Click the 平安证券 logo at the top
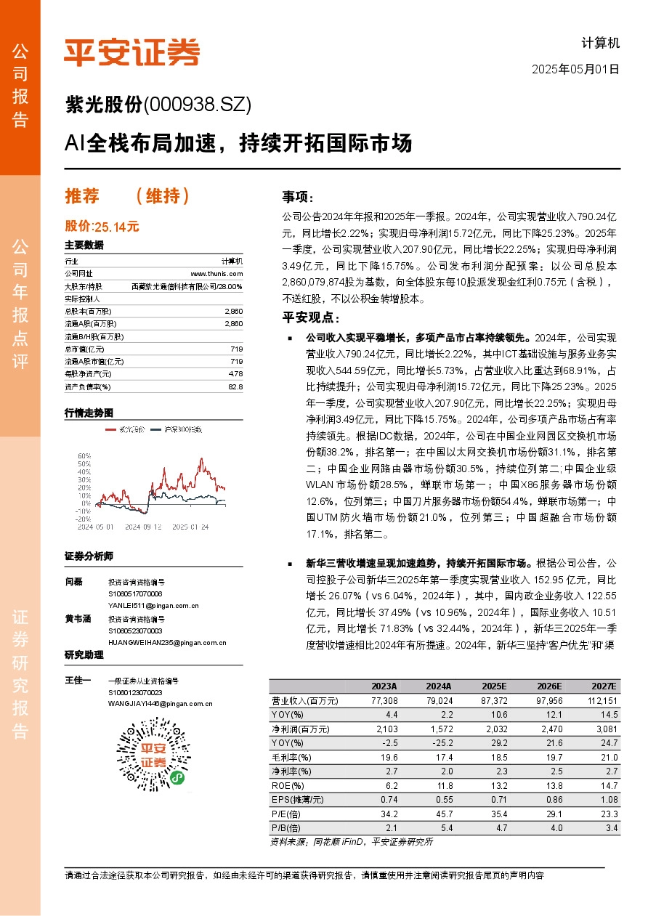coord(131,52)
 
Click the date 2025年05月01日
coord(576,70)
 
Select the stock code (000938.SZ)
coord(198,106)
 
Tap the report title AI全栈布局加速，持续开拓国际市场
coord(238,143)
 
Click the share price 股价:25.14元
coord(102,227)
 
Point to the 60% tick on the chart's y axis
coord(84,455)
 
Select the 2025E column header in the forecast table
coord(495,686)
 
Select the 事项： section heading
coord(298,197)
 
